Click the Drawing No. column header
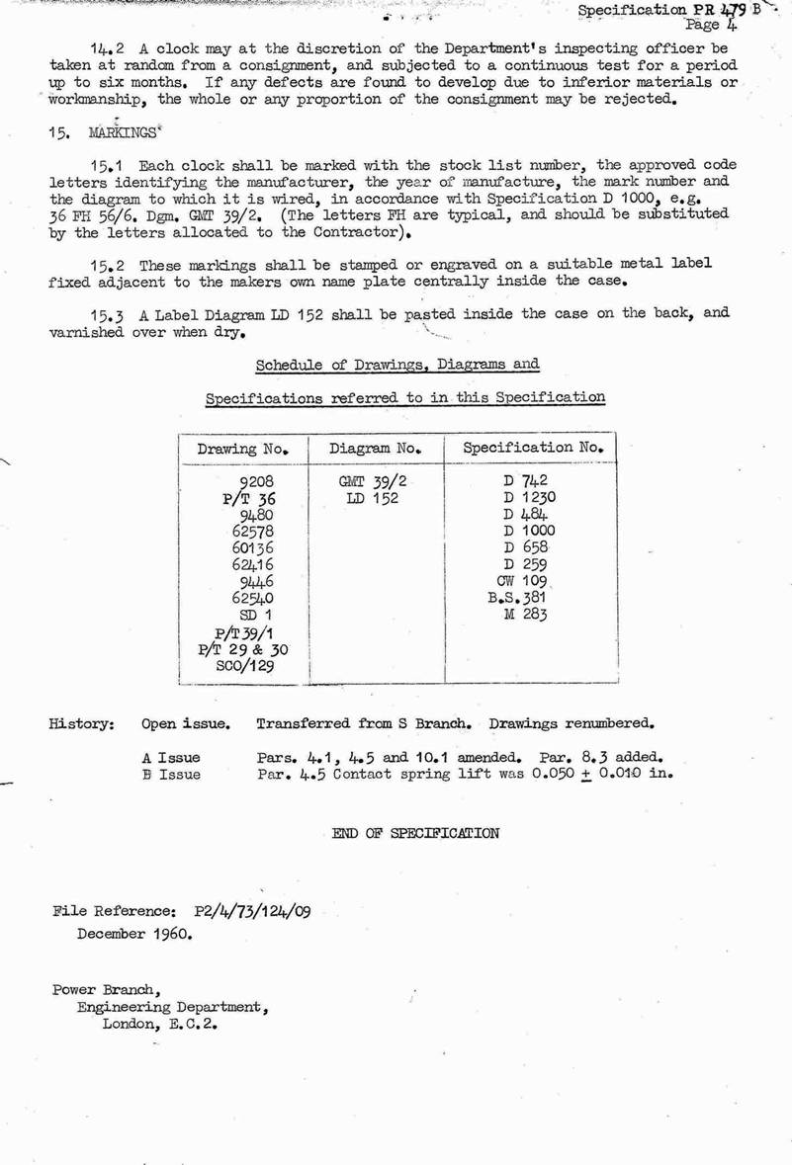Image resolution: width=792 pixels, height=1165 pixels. coord(242,449)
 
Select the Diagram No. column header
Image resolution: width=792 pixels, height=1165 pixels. coord(376,449)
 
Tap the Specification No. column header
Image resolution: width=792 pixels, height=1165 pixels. coord(533,448)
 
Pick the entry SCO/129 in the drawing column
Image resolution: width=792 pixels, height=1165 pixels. coord(244,666)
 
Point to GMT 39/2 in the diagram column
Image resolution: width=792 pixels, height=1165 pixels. coord(373,481)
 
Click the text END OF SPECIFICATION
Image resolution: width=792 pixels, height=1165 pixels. coord(415,832)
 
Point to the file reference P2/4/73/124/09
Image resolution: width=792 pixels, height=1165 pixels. coord(253,912)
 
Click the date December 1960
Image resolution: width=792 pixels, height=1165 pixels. coord(134,934)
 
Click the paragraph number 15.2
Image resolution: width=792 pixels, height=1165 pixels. coord(110,266)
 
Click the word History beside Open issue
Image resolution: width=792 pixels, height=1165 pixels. coord(81,723)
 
